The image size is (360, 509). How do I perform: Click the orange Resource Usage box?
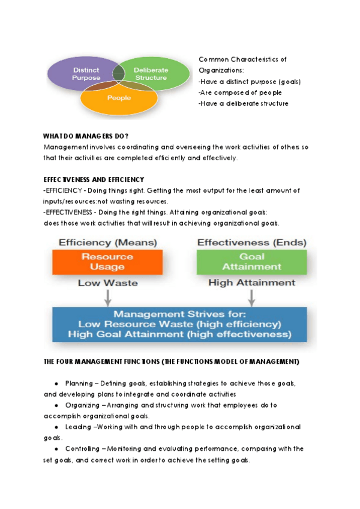point(107,262)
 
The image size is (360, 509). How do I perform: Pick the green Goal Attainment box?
point(251,262)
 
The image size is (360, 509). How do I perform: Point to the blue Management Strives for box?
point(179,324)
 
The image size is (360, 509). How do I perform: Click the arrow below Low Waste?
point(107,297)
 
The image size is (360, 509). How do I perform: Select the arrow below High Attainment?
point(251,297)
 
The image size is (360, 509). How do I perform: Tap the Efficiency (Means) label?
point(107,243)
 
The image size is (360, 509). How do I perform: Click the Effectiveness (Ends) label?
point(251,243)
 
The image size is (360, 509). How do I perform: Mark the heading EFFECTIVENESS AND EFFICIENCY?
point(94,179)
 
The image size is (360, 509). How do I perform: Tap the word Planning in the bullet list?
point(78,383)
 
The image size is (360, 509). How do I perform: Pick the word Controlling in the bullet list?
point(82,449)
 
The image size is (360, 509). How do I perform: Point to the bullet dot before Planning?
point(56,383)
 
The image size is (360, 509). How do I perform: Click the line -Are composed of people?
point(240,92)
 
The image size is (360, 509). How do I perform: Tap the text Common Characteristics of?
point(242,59)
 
